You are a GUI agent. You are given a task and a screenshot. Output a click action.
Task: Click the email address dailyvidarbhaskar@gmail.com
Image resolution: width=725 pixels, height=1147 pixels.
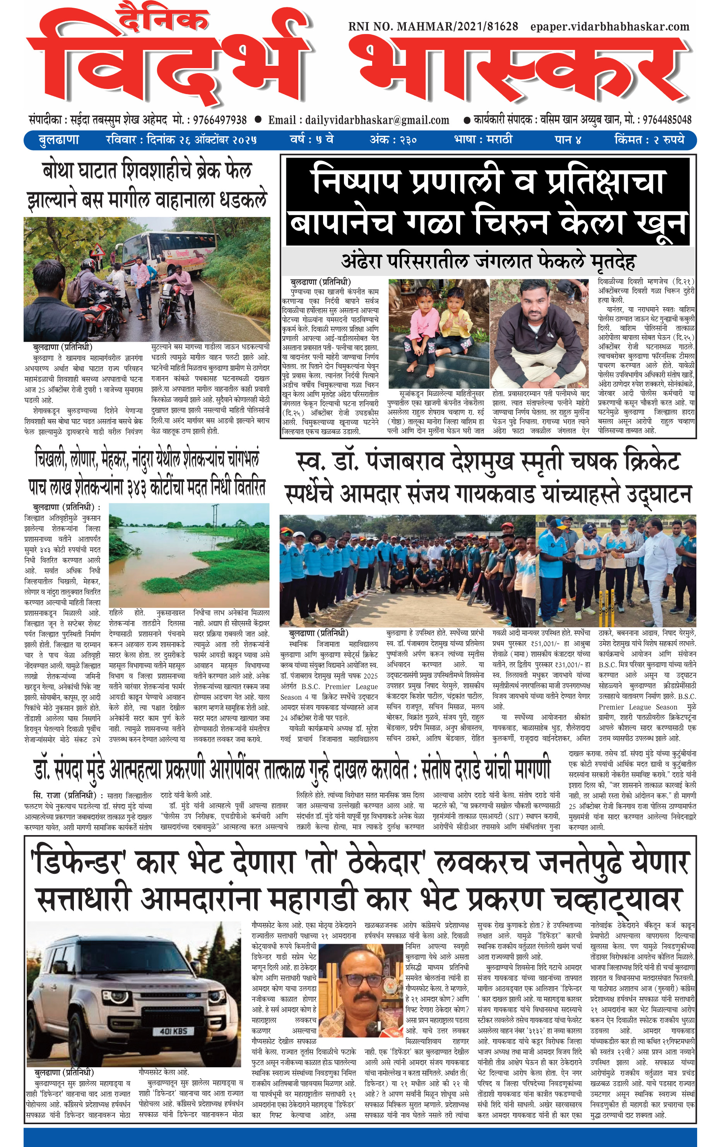377,120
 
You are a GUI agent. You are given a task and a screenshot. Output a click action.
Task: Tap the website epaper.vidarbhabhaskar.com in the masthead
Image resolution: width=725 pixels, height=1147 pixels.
610,27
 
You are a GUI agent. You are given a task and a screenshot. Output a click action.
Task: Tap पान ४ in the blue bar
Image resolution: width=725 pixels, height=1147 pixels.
568,140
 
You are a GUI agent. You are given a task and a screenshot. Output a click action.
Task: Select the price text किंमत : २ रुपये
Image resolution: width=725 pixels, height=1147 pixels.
649,140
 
